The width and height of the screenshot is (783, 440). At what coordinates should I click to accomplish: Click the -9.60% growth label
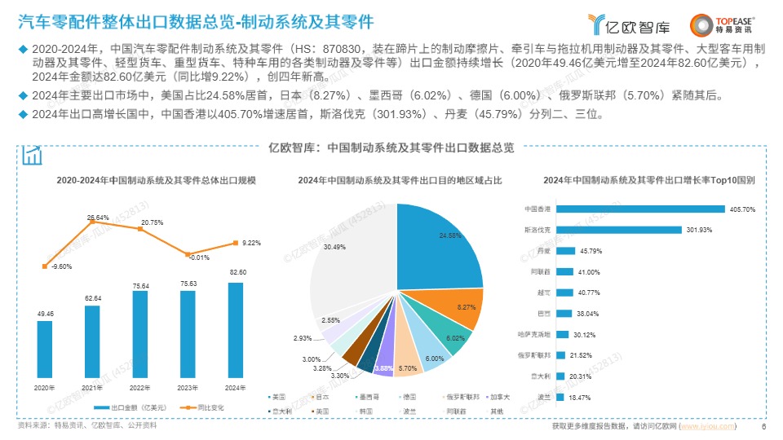pos(60,266)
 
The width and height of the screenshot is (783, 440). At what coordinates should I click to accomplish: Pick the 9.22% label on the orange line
pos(252,243)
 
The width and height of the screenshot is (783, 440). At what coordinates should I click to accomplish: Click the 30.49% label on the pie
pos(334,246)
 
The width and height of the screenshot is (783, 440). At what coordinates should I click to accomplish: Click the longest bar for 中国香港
pos(621,209)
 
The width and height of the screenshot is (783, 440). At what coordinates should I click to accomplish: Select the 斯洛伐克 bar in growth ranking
pos(604,230)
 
